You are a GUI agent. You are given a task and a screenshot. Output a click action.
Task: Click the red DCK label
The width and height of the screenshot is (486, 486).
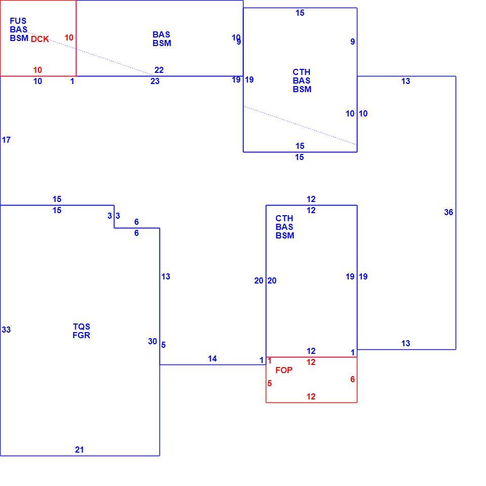click(40, 39)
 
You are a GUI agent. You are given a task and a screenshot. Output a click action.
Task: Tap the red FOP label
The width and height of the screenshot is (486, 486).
click(284, 370)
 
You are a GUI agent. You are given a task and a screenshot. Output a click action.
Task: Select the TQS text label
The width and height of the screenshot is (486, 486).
click(82, 327)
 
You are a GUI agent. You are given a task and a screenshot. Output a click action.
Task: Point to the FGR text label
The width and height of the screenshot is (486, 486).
click(82, 335)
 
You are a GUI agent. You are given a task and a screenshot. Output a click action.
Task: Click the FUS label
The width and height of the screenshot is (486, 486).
click(18, 21)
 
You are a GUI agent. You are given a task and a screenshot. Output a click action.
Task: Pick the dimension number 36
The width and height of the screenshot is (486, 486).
click(449, 212)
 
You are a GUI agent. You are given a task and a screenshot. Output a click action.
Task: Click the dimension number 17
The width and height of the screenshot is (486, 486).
click(6, 140)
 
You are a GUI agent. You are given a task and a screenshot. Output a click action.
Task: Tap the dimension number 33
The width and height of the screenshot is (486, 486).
click(6, 330)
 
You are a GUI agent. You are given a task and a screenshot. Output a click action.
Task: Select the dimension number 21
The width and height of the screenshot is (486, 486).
click(79, 450)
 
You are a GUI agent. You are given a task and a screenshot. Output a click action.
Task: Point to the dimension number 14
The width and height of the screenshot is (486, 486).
click(212, 358)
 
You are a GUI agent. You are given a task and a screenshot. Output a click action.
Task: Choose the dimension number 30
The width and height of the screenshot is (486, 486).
click(152, 341)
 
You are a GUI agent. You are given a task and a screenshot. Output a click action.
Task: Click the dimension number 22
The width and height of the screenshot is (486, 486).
click(159, 70)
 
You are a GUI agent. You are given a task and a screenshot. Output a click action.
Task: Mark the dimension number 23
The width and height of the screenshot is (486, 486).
click(155, 81)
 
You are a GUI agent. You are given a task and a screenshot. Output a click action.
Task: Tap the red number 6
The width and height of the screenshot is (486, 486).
click(352, 379)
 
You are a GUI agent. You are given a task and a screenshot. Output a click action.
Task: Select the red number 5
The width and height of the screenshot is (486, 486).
click(270, 384)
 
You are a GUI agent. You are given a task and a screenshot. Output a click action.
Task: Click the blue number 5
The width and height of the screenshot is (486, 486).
click(164, 345)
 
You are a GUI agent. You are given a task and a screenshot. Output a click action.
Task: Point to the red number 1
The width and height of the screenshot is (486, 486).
click(270, 361)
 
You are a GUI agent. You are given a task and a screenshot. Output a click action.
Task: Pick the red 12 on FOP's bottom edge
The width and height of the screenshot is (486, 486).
click(311, 396)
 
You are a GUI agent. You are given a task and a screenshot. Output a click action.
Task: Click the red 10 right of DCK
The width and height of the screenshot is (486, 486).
click(69, 38)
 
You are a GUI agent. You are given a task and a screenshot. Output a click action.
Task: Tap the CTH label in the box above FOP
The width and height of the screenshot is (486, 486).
click(284, 219)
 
